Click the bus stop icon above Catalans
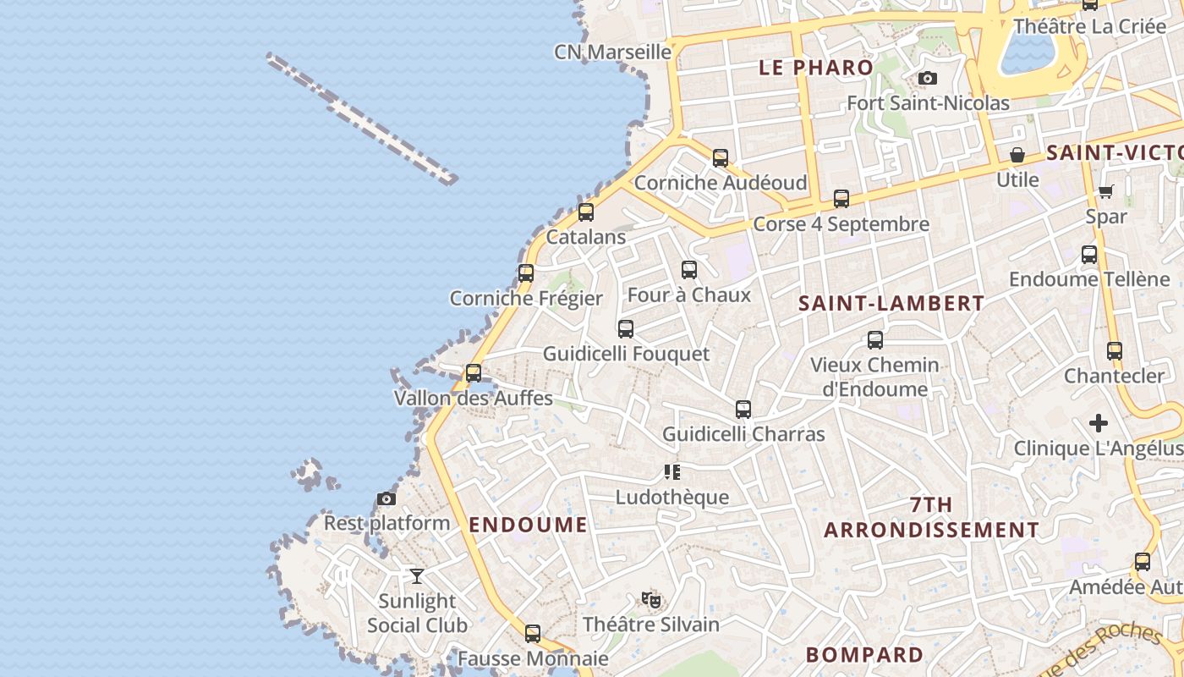coord(585,212)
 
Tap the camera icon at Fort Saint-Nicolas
coord(928,79)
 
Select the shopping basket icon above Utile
coord(1017,156)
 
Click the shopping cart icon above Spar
coord(1106,192)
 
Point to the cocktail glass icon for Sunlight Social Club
coord(417,576)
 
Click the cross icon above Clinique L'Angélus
coord(1099,423)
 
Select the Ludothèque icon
coord(672,472)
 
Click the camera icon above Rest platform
coord(386,499)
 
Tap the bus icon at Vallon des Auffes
coord(474,373)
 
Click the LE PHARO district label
coord(816,68)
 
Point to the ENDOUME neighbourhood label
coord(528,525)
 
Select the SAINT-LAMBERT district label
coord(891,303)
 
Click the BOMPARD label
coord(864,654)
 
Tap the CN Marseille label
coord(612,52)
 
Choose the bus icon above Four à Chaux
coord(689,270)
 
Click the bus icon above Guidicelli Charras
coord(743,410)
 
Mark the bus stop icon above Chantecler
coord(1115,351)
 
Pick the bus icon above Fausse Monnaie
coord(533,633)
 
